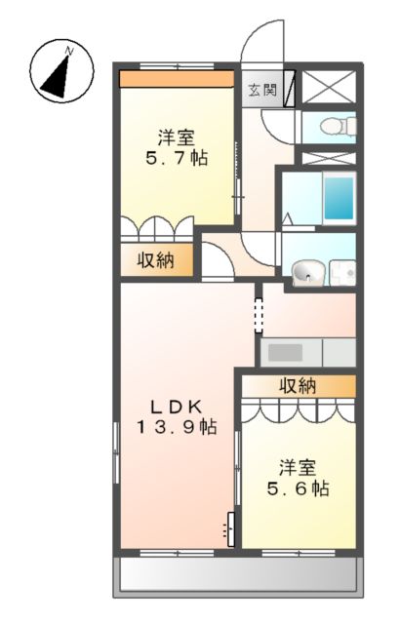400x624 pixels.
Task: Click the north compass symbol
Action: tap(60, 70)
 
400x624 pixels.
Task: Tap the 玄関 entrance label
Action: tap(260, 90)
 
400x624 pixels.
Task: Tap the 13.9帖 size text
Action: tap(176, 427)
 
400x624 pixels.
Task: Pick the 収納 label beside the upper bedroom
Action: tap(155, 260)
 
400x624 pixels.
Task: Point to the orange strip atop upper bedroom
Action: tap(177, 79)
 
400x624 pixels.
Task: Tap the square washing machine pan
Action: tap(342, 273)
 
